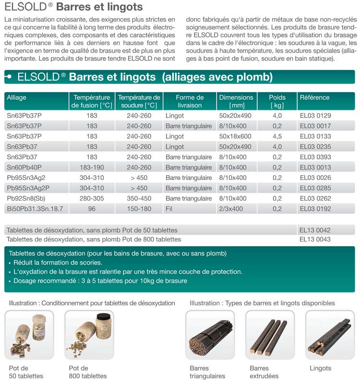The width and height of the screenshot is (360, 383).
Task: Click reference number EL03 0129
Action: tap(315, 116)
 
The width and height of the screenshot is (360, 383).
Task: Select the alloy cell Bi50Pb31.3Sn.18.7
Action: tap(35, 209)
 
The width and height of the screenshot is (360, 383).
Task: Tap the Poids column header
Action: tap(277, 101)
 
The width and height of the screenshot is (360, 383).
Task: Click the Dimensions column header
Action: tap(236, 101)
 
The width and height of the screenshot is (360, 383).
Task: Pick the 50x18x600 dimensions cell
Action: tap(235, 136)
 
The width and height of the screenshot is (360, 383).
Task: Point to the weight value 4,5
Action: tap(277, 136)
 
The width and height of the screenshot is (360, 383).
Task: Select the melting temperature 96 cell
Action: tap(92, 209)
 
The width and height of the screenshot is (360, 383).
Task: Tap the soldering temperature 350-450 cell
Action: tap(139, 198)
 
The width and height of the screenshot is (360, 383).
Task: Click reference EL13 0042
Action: tap(315, 230)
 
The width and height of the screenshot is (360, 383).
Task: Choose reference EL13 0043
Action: tap(315, 239)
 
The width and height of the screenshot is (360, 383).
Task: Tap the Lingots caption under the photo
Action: tap(320, 368)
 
